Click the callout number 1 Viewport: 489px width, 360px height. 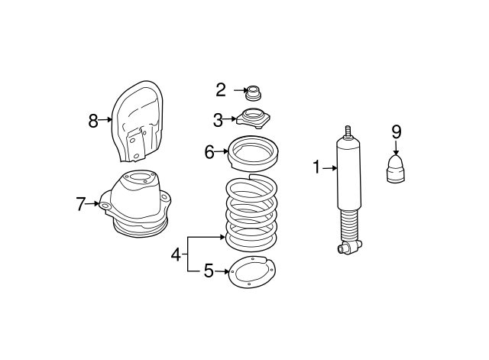pyautogui.click(x=316, y=167)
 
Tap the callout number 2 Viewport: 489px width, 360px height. pyautogui.click(x=221, y=90)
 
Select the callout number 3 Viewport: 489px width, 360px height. pyautogui.click(x=219, y=119)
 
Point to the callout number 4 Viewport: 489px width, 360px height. pyautogui.click(x=176, y=255)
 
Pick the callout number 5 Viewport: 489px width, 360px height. pyautogui.click(x=208, y=271)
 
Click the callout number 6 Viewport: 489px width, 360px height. pyautogui.click(x=209, y=151)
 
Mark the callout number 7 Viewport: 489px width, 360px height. pyautogui.click(x=80, y=204)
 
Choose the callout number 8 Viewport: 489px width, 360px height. pyautogui.click(x=93, y=120)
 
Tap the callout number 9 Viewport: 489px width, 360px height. pyautogui.click(x=396, y=131)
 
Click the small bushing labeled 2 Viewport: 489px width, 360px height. pyautogui.click(x=253, y=93)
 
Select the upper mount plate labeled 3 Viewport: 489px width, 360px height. pyautogui.click(x=253, y=119)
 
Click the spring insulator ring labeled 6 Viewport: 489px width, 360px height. pyautogui.click(x=253, y=153)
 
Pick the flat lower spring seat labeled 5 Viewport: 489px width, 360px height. pyautogui.click(x=252, y=273)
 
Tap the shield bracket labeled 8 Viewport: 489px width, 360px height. pyautogui.click(x=139, y=122)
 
